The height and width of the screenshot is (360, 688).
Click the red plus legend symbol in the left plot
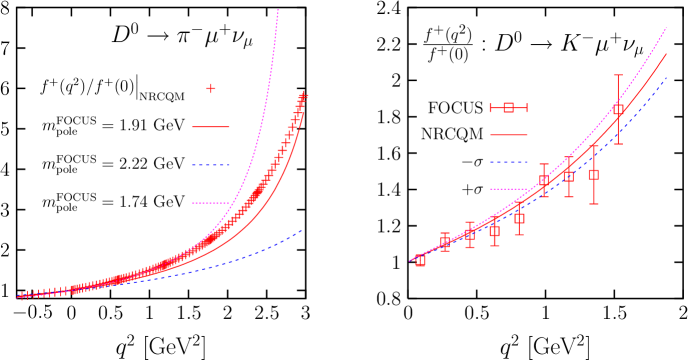(x=211, y=89)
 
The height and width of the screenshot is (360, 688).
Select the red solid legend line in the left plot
(x=211, y=127)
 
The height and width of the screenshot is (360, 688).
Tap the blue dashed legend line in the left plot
(x=211, y=165)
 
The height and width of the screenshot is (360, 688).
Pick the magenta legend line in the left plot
(x=211, y=203)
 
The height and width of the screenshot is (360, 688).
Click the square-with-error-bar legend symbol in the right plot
(x=508, y=108)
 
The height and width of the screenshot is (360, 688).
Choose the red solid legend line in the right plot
(x=508, y=134)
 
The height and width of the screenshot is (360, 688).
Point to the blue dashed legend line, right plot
(x=508, y=161)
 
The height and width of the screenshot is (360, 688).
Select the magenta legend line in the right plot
(x=508, y=188)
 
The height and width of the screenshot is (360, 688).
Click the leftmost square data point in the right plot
(x=420, y=260)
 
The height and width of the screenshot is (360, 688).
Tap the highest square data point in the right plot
(x=618, y=109)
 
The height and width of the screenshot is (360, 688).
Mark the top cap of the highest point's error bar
(x=618, y=75)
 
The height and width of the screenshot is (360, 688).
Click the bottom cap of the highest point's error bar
(x=618, y=143)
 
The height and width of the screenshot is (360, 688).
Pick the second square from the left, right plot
(x=445, y=243)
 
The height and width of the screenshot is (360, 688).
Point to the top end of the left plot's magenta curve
(x=278, y=11)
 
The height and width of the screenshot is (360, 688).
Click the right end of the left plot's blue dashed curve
(x=301, y=231)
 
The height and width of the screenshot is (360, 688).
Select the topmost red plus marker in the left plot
(x=305, y=96)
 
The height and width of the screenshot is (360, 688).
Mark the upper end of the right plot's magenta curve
(x=666, y=28)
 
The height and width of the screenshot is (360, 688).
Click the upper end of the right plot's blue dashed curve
(x=666, y=79)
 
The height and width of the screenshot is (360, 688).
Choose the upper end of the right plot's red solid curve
(x=666, y=54)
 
